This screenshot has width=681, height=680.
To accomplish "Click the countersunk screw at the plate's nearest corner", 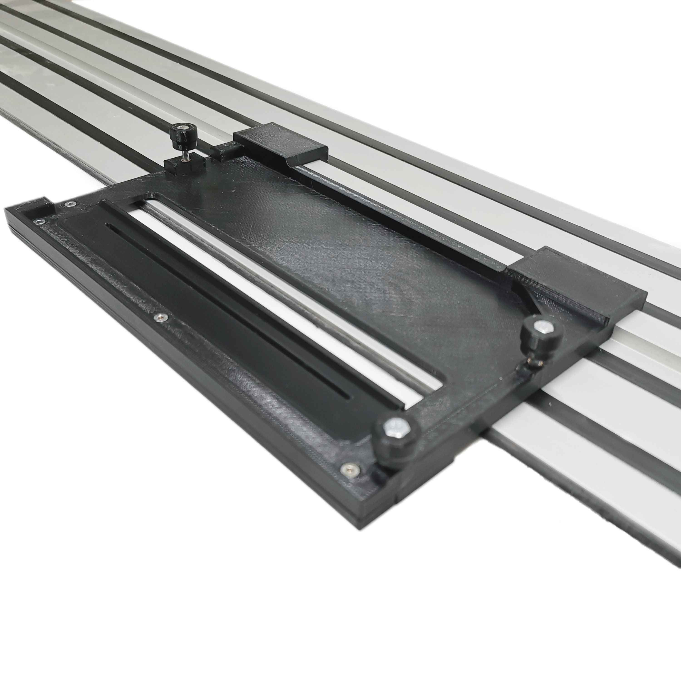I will coord(349,469).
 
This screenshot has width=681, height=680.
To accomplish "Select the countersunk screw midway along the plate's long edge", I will coord(161,318).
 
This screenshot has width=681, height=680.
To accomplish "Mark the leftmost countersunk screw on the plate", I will coord(38,221).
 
